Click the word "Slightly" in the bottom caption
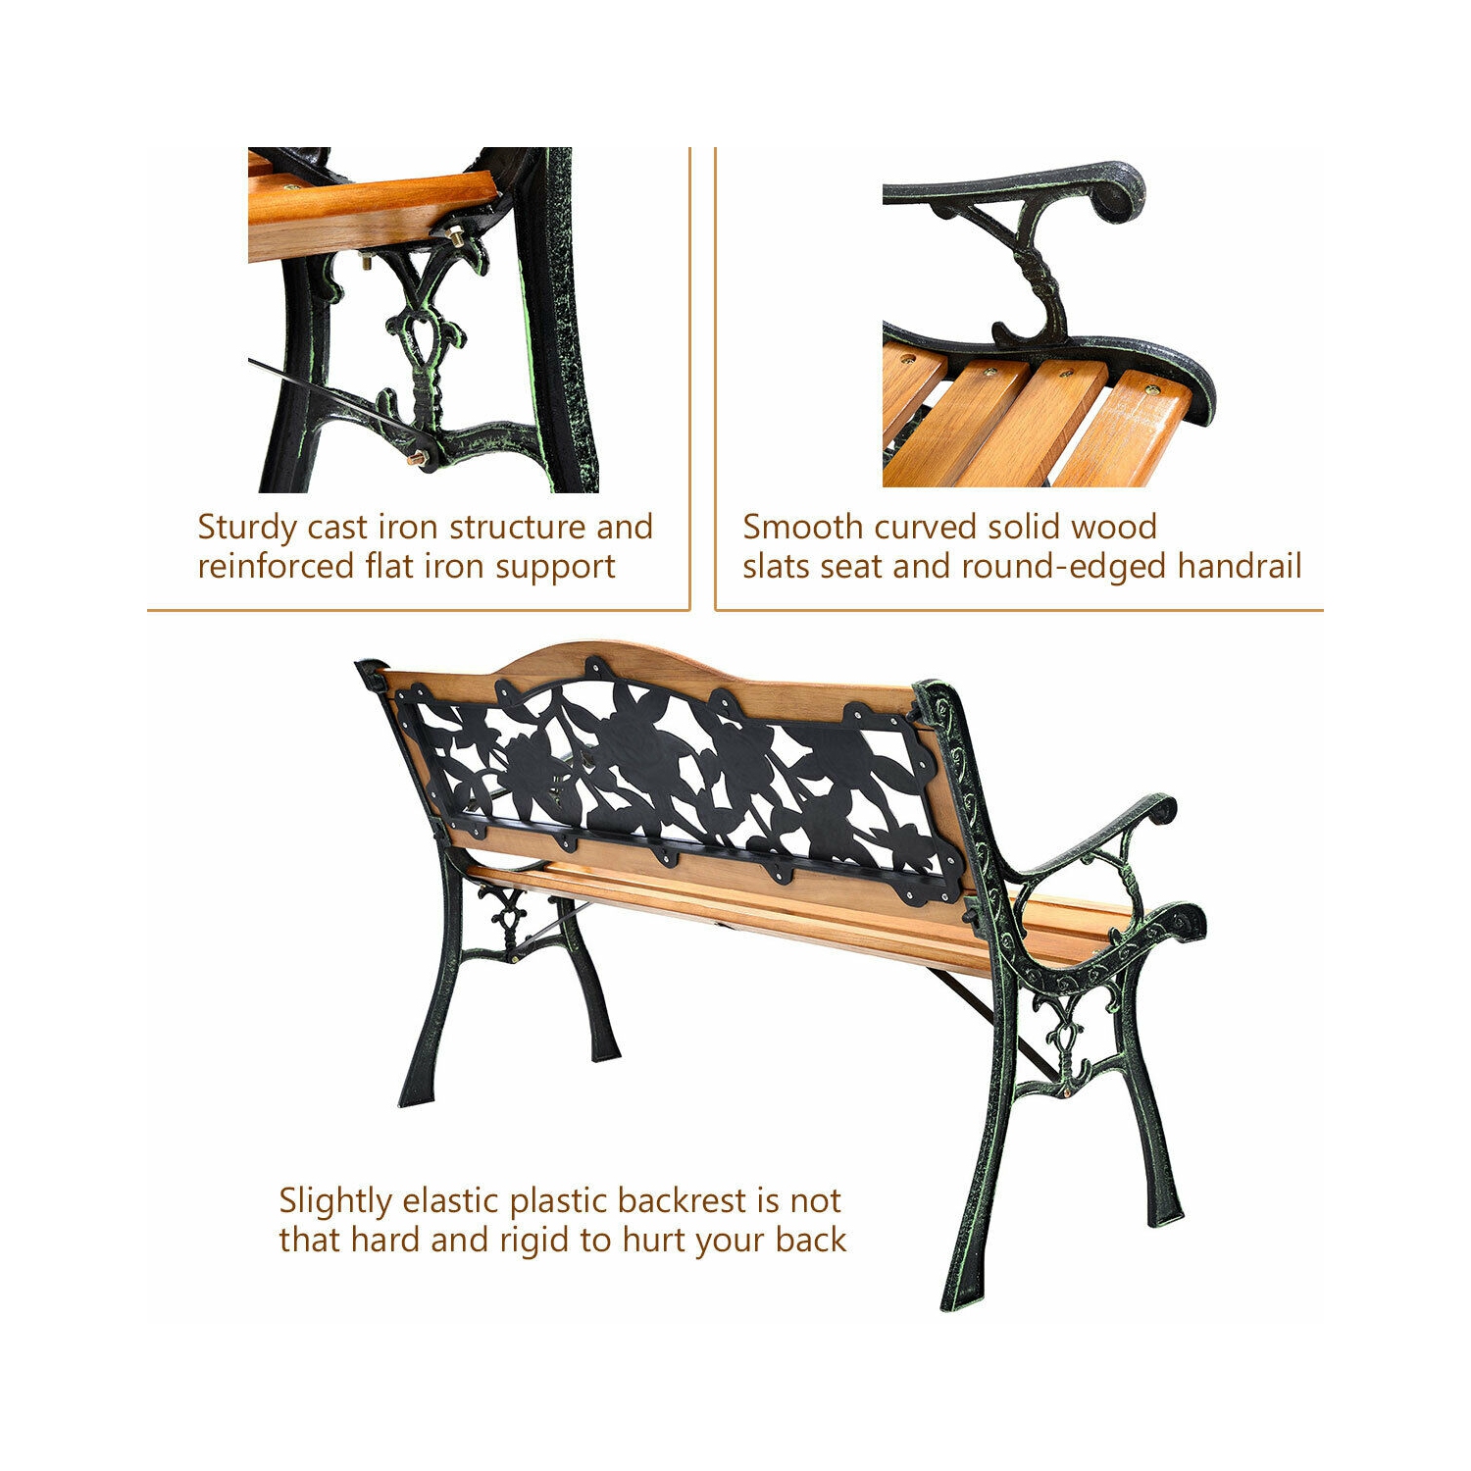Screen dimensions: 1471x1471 [x=334, y=1202]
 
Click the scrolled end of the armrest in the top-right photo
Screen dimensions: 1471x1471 [x=1118, y=195]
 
